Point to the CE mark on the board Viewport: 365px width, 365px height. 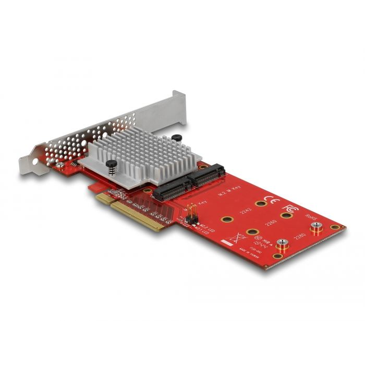272,200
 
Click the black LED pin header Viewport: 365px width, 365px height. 190,214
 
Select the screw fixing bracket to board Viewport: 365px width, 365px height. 61,165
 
